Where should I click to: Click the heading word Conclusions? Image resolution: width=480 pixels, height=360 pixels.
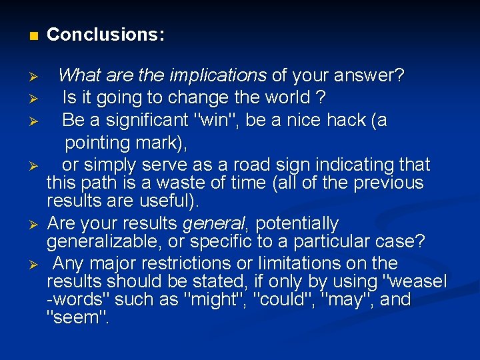click(x=105, y=35)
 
